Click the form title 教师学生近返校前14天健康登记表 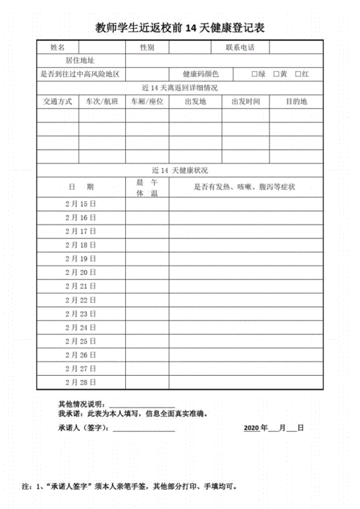(x=180, y=28)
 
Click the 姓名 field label (x=58, y=48)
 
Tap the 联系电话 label (x=238, y=48)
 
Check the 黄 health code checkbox (x=276, y=74)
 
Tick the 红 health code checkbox (x=298, y=74)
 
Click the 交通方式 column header (x=58, y=102)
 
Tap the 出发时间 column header (x=246, y=102)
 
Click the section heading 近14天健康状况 (x=180, y=171)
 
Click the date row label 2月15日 (x=81, y=204)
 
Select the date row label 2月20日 (x=81, y=272)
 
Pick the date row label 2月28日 (x=81, y=382)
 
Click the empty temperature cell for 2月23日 (x=147, y=313)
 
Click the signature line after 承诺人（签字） (x=144, y=428)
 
